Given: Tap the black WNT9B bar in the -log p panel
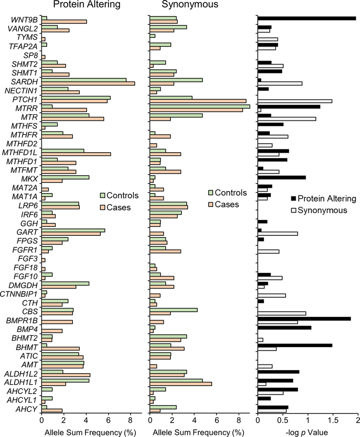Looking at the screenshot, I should (x=307, y=18).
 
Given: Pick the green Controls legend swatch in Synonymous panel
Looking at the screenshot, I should (x=211, y=193).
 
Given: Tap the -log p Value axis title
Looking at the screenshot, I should (x=307, y=431).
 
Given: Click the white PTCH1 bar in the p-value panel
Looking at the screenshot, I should (x=295, y=101).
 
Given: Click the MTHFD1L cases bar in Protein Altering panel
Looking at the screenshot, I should (x=76, y=154).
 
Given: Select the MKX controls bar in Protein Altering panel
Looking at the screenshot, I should (x=65, y=177).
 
